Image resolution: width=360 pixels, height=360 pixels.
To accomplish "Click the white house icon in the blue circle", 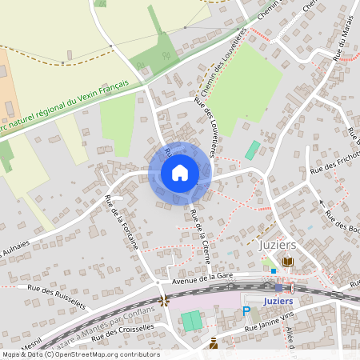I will (x=180, y=173).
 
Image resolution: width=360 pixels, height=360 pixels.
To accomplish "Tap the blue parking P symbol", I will (x=246, y=311).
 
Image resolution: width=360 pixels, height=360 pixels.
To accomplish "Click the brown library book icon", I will (x=287, y=262).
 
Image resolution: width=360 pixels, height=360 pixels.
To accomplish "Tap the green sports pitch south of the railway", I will (x=191, y=322).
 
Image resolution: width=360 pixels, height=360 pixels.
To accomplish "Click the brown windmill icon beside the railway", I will (x=164, y=300).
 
